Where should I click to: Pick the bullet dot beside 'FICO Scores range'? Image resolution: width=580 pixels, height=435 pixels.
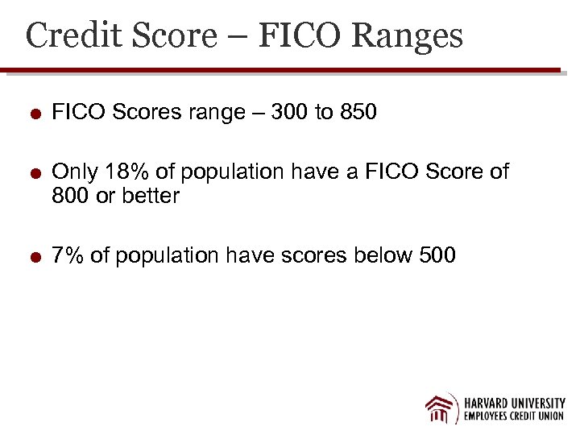click(x=35, y=113)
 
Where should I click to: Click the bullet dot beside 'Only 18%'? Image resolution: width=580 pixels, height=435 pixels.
click(x=35, y=172)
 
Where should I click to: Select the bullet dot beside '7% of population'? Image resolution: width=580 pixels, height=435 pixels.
click(x=35, y=256)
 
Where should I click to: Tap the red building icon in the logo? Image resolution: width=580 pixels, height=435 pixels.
click(x=440, y=408)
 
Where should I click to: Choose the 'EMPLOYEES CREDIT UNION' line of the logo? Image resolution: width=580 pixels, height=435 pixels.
click(x=514, y=416)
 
